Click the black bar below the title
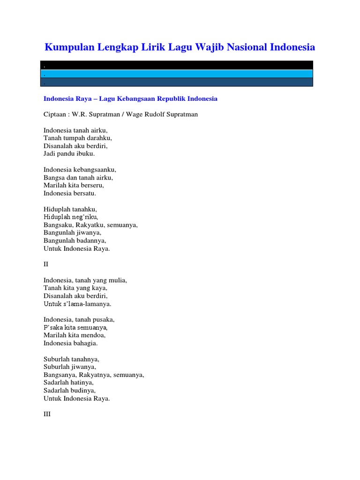(x=177, y=65)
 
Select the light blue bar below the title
(x=177, y=74)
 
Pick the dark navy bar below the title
(x=177, y=82)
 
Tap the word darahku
(x=98, y=138)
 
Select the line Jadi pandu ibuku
(x=69, y=154)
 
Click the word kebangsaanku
(x=93, y=170)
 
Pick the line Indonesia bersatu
(x=70, y=193)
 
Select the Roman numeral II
(x=46, y=264)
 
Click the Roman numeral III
(x=47, y=414)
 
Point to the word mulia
(x=117, y=280)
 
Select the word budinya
(x=82, y=390)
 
